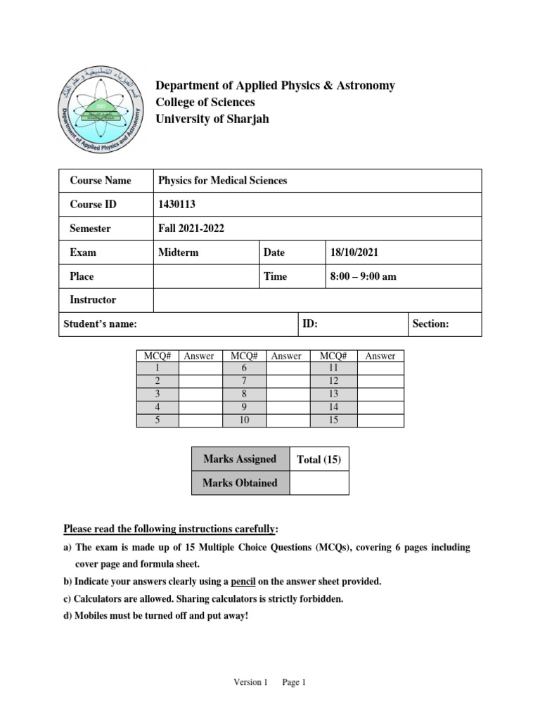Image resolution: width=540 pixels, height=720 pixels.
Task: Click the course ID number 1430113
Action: click(x=177, y=205)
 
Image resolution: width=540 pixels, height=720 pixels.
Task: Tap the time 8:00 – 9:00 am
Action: click(x=363, y=276)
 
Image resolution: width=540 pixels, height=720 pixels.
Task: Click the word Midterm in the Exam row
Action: click(x=179, y=252)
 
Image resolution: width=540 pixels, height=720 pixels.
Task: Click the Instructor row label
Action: click(x=93, y=300)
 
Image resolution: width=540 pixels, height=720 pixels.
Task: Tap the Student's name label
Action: click(x=100, y=324)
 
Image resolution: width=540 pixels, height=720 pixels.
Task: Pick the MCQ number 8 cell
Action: click(x=244, y=394)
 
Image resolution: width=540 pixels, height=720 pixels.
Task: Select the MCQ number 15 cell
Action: click(x=333, y=420)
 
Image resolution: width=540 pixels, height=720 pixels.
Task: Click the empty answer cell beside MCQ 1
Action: click(x=200, y=368)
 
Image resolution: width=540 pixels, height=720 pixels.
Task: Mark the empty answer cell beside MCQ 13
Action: click(x=381, y=394)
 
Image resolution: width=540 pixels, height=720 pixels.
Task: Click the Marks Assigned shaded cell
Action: click(x=240, y=459)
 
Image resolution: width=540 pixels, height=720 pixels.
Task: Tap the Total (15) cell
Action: click(x=319, y=460)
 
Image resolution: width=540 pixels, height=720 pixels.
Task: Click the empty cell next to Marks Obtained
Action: click(x=319, y=483)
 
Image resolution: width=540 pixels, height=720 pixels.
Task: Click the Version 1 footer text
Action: click(x=251, y=682)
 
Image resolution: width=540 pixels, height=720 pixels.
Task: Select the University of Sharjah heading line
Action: click(x=212, y=120)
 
